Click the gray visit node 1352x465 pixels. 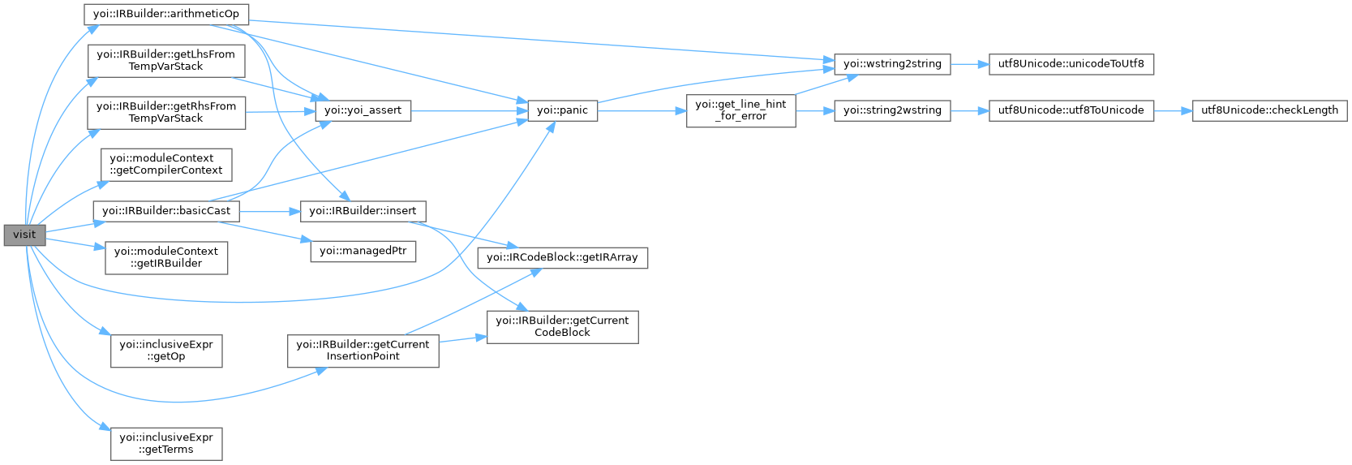[24, 235]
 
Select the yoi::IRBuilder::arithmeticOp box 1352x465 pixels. [166, 14]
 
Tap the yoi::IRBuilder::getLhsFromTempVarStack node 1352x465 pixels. [165, 60]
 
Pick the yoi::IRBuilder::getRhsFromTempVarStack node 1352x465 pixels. [165, 112]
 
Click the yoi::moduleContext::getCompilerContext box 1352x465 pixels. [166, 164]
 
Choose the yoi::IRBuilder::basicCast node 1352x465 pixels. [166, 210]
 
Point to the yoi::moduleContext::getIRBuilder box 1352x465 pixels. [166, 257]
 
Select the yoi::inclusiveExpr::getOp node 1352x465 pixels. [166, 350]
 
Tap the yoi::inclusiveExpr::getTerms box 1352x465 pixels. [166, 443]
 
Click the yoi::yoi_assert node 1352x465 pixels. [363, 110]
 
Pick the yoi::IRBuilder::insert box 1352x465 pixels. [363, 210]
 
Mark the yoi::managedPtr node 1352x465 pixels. [363, 251]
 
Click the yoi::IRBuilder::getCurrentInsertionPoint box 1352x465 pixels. [363, 350]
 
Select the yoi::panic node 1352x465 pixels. [563, 110]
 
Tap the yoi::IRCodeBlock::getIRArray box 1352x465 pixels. [563, 257]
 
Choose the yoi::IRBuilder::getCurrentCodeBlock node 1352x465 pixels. [563, 326]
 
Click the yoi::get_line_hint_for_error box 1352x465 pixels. [740, 110]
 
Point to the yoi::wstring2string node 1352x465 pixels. [892, 63]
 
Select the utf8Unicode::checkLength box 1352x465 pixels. [1269, 110]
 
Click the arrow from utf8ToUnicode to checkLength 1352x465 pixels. [1172, 110]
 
